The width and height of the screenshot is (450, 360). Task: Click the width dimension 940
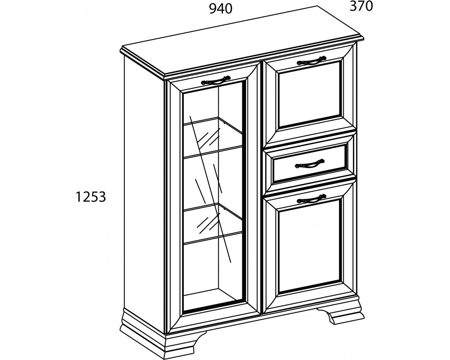click(x=220, y=9)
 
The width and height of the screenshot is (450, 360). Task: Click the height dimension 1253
click(x=91, y=197)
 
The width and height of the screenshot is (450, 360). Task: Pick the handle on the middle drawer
click(x=310, y=164)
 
